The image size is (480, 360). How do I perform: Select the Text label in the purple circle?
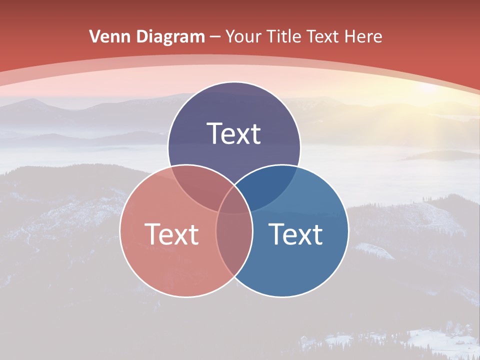pyautogui.click(x=234, y=134)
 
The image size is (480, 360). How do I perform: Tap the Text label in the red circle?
pyautogui.click(x=171, y=234)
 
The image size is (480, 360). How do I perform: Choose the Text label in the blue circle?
pyautogui.click(x=296, y=234)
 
